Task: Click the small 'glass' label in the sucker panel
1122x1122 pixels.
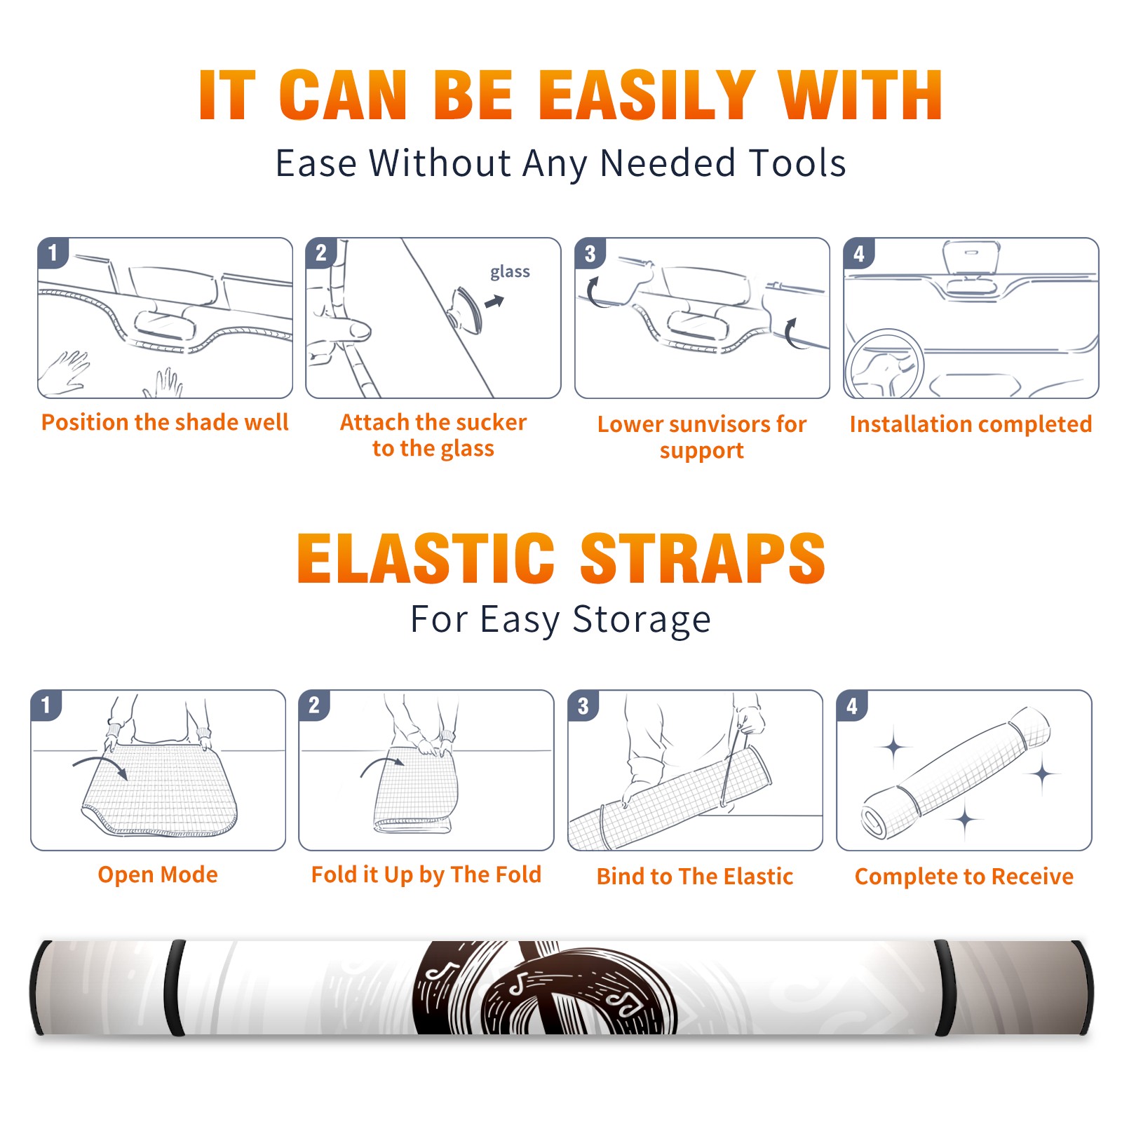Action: pyautogui.click(x=510, y=272)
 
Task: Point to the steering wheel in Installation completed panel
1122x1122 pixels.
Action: pyautogui.click(x=884, y=363)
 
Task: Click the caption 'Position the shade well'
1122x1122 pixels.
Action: pyautogui.click(x=165, y=422)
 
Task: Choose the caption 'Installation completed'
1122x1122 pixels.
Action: pyautogui.click(x=971, y=424)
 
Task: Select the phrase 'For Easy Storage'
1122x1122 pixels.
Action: pyautogui.click(x=560, y=620)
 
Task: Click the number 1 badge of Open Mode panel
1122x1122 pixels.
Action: pyautogui.click(x=46, y=705)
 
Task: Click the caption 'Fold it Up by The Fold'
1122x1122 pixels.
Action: pyautogui.click(x=426, y=874)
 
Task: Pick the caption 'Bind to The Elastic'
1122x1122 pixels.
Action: pyautogui.click(x=695, y=877)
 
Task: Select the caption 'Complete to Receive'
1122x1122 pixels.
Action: pyautogui.click(x=964, y=877)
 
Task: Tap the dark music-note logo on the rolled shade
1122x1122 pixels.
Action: pyautogui.click(x=546, y=987)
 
